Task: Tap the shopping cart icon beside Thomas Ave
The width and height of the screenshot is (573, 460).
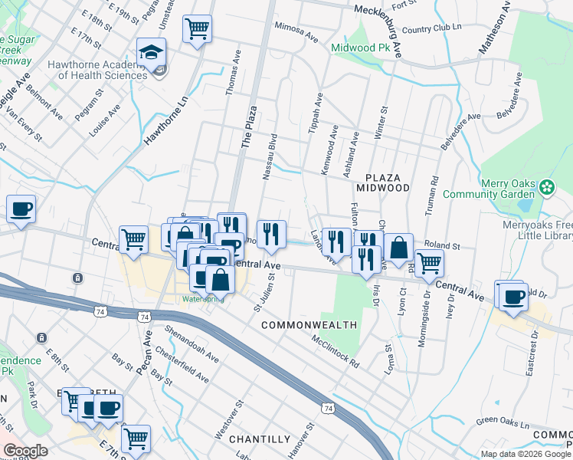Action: [197, 30]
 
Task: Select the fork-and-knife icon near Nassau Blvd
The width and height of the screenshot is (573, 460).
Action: [271, 234]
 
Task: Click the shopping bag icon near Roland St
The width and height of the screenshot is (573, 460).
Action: [398, 248]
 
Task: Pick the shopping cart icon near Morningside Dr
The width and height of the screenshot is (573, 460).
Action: [429, 263]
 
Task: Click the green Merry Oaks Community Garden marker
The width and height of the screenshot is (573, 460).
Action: [547, 186]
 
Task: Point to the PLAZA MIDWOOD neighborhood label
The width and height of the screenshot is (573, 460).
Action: [382, 182]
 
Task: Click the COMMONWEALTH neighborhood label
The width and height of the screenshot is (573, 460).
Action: [309, 325]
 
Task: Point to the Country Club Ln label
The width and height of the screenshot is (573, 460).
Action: [433, 29]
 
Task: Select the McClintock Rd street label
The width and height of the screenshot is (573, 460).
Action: [335, 351]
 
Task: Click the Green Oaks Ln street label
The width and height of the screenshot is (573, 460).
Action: [503, 422]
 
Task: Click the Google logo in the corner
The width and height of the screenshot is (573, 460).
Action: [26, 450]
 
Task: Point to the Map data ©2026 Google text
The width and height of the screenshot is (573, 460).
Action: [525, 454]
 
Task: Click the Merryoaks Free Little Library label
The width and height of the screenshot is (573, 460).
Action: [527, 231]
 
